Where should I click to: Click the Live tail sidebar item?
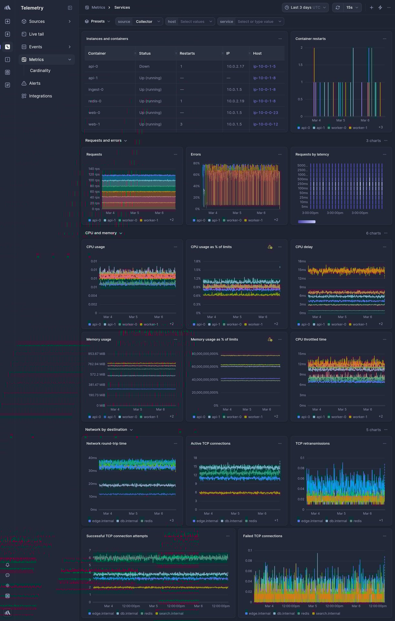point(36,34)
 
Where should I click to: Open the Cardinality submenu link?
point(40,71)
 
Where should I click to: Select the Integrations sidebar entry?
point(40,96)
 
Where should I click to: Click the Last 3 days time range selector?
point(305,7)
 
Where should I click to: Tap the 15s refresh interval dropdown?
point(352,7)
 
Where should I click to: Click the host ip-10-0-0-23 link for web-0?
point(265,113)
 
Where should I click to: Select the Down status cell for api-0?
point(144,66)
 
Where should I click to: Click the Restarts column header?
point(187,54)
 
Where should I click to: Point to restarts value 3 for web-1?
point(181,124)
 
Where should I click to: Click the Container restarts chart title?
point(310,39)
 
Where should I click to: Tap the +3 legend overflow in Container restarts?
point(380,127)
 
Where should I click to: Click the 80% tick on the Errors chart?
point(196,163)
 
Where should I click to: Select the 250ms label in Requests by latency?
point(302,184)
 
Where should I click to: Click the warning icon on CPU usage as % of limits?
point(270,247)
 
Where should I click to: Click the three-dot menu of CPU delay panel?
point(384,247)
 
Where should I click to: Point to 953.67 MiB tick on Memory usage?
point(96,354)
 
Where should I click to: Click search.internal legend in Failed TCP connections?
point(328,614)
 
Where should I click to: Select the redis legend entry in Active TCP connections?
point(253,521)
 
